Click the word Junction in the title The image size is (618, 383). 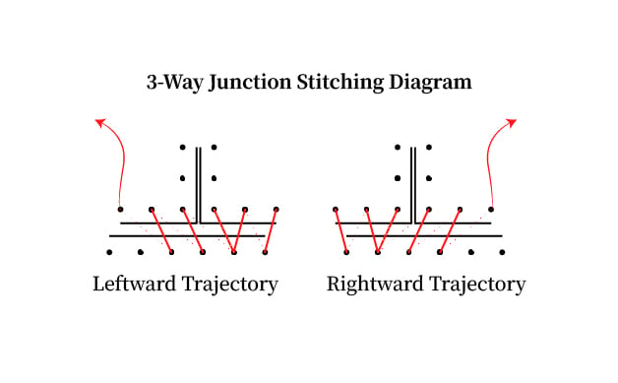click(250, 83)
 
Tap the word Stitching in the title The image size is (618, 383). click(340, 83)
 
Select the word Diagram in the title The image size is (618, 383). click(430, 83)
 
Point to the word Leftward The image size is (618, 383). click(135, 284)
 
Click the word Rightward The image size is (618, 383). click(375, 284)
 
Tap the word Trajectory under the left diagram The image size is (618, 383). click(229, 285)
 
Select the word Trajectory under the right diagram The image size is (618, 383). click(477, 285)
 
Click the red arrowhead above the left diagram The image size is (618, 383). click(100, 123)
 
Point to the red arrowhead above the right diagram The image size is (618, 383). click(511, 123)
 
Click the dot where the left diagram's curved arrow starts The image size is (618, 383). click(120, 209)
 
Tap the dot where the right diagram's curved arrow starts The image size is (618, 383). click(491, 209)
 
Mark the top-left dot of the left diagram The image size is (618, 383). click(182, 147)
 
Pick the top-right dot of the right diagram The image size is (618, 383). click(429, 147)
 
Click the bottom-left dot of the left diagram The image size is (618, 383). click(109, 252)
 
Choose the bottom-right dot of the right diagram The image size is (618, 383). click(502, 252)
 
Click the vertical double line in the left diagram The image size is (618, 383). click(199, 185)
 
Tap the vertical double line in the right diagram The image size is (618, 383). click(413, 185)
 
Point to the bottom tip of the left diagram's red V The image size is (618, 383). click(234, 252)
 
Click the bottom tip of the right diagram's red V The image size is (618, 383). click(378, 252)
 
